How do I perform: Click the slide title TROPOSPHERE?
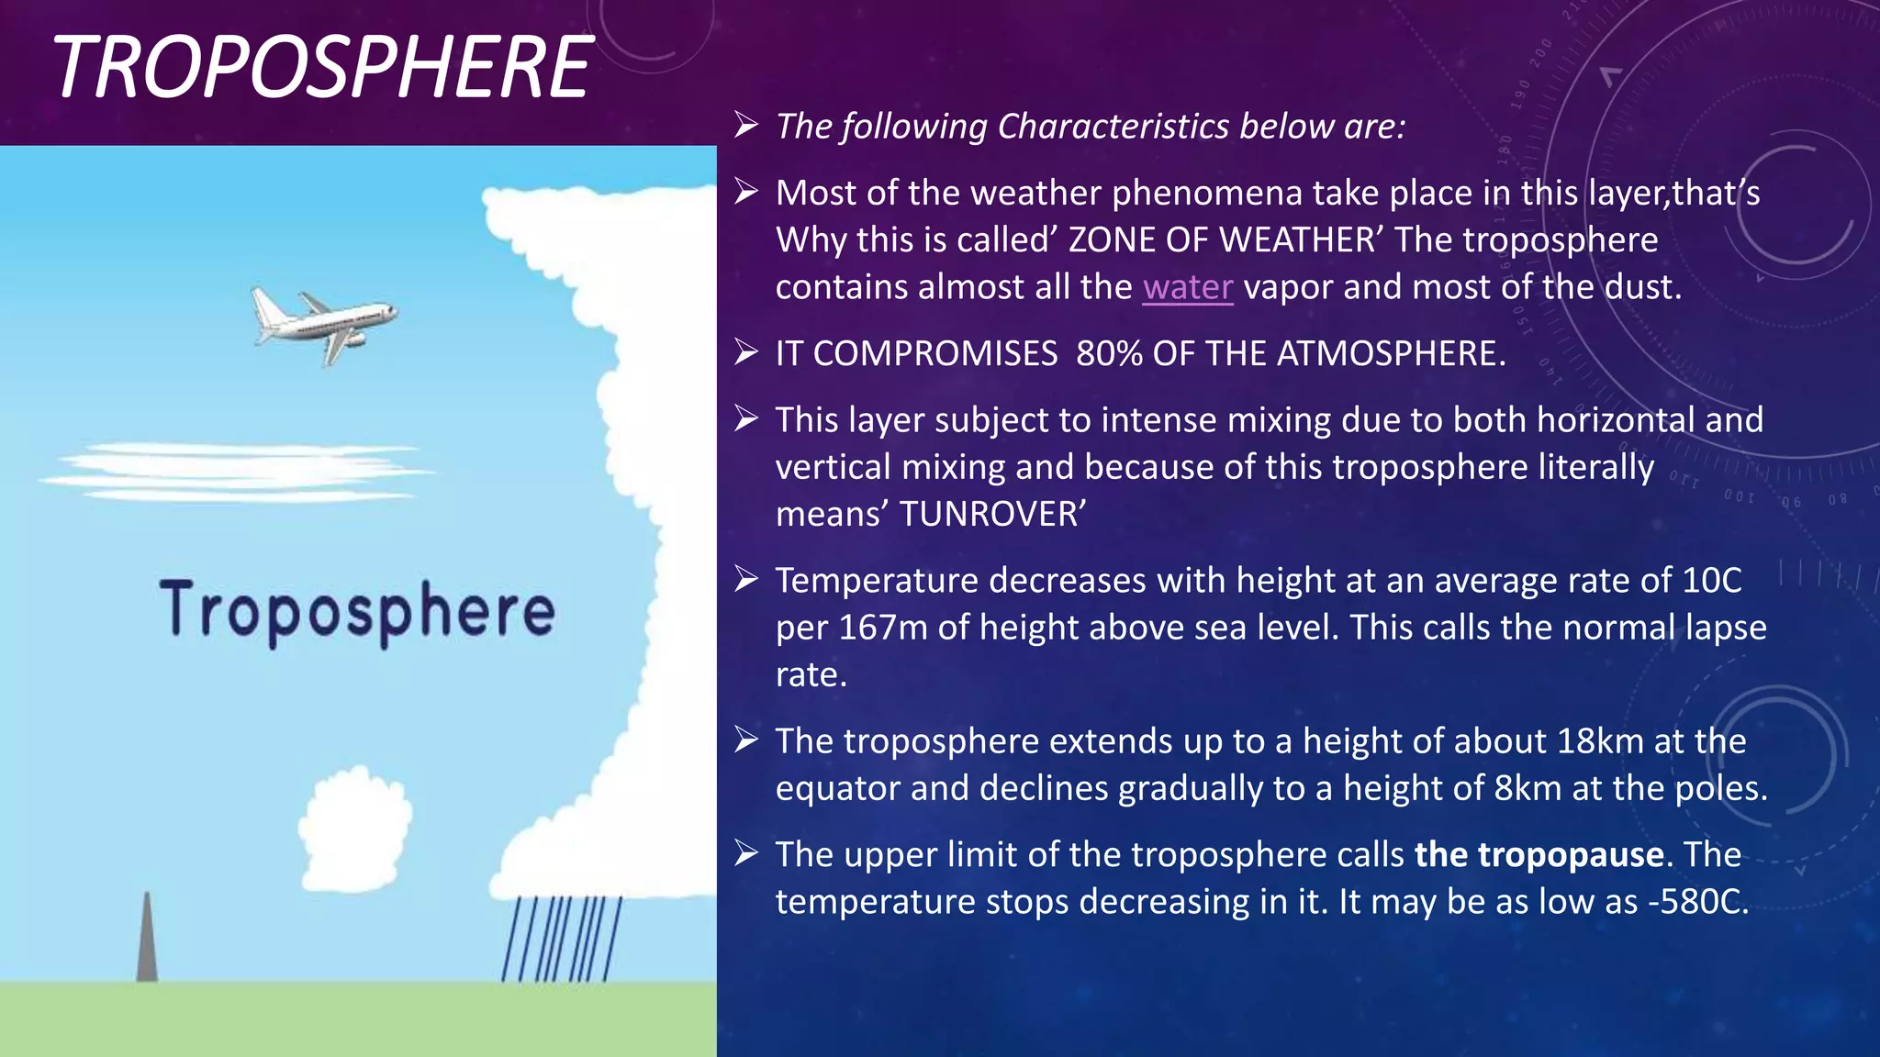pyautogui.click(x=321, y=68)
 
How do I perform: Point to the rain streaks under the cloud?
pyautogui.click(x=562, y=938)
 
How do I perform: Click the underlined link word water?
pyautogui.click(x=1187, y=287)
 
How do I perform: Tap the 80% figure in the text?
pyautogui.click(x=1109, y=354)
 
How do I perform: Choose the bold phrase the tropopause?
pyautogui.click(x=1539, y=855)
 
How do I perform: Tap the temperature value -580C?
pyautogui.click(x=1697, y=902)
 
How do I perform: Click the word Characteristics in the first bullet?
pyautogui.click(x=1113, y=127)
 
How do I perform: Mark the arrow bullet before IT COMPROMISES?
pyautogui.click(x=746, y=352)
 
